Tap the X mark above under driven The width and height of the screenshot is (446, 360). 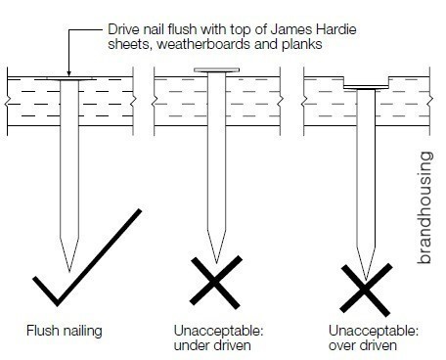[216, 283]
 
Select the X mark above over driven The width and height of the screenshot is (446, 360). [366, 290]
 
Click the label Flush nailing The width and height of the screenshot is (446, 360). [65, 332]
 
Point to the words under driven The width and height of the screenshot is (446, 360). [212, 345]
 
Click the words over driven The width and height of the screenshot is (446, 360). [363, 345]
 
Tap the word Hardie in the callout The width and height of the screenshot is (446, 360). [336, 29]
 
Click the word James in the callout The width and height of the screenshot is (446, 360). [292, 29]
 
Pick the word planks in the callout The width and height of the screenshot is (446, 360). [302, 45]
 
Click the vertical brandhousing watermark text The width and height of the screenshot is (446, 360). [424, 207]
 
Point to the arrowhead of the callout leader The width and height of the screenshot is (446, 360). [68, 73]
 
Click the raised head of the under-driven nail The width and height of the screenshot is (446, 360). [217, 70]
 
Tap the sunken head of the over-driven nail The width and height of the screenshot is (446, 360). [366, 87]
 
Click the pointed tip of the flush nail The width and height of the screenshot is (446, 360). [69, 270]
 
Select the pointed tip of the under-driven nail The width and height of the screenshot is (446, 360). [216, 262]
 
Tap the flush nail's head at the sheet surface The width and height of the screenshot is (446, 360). [69, 79]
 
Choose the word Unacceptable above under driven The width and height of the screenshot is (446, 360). [218, 332]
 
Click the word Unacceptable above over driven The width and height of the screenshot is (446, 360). [374, 332]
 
